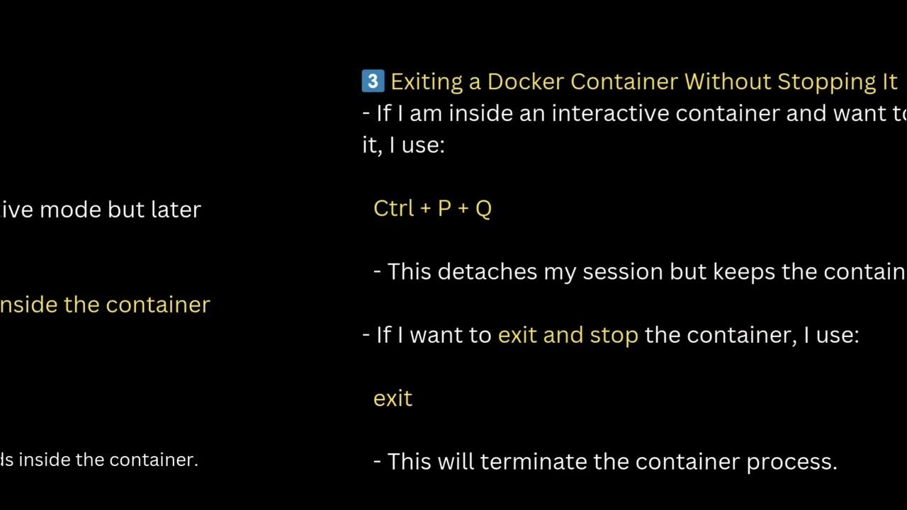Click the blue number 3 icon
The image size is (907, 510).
[373, 81]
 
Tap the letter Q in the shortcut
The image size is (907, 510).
[483, 209]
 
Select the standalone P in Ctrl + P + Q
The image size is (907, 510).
[444, 208]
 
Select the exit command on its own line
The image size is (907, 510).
[393, 398]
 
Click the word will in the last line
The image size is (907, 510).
[456, 462]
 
